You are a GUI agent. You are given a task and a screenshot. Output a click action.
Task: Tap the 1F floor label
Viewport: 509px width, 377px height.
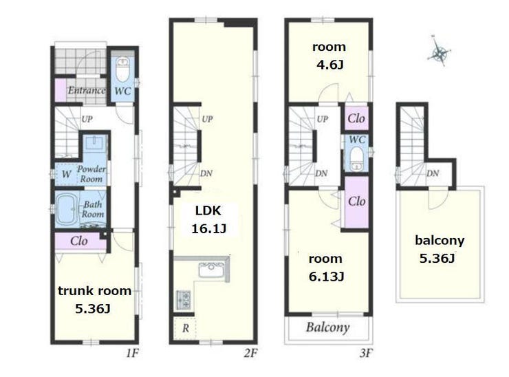(x=132, y=353)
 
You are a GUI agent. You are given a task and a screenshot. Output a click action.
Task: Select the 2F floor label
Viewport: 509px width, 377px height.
(x=250, y=353)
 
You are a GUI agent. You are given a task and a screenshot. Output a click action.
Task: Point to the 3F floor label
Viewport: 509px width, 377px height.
(x=366, y=353)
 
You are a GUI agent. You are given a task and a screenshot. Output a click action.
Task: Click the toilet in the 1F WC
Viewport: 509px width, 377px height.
(x=122, y=69)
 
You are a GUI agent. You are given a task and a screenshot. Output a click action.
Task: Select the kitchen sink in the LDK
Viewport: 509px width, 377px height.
(x=211, y=270)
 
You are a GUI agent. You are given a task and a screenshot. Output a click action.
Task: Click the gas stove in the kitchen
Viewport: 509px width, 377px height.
(x=184, y=300)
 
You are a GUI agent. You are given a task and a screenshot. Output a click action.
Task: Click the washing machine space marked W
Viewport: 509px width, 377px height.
(x=66, y=174)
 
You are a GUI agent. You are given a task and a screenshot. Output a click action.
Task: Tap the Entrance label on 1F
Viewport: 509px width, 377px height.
(x=87, y=90)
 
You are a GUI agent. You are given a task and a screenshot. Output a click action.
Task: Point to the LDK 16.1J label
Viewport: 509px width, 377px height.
(x=208, y=220)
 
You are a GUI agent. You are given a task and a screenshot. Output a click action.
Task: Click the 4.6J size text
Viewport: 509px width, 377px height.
(x=329, y=65)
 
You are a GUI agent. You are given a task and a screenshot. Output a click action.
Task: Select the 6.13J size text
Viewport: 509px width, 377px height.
(x=326, y=277)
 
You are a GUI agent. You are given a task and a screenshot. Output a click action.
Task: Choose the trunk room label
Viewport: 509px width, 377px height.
(x=94, y=290)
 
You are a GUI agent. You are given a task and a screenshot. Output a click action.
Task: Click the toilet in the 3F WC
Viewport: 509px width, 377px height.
(x=356, y=158)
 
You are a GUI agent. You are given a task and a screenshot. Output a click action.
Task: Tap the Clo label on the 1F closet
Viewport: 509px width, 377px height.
(x=79, y=241)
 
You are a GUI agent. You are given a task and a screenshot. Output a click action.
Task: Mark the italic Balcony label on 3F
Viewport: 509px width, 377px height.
(x=328, y=327)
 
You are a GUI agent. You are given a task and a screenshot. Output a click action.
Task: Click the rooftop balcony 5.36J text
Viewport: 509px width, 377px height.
(x=437, y=259)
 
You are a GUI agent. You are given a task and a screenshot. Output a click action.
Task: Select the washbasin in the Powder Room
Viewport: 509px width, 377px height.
(x=94, y=142)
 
